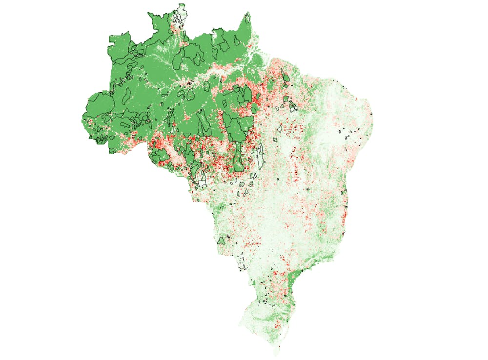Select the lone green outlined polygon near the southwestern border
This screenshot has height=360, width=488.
coord(222,240)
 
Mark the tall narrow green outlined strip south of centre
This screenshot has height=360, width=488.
coord(238,156)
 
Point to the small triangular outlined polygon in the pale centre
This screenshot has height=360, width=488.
coord(280,129)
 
